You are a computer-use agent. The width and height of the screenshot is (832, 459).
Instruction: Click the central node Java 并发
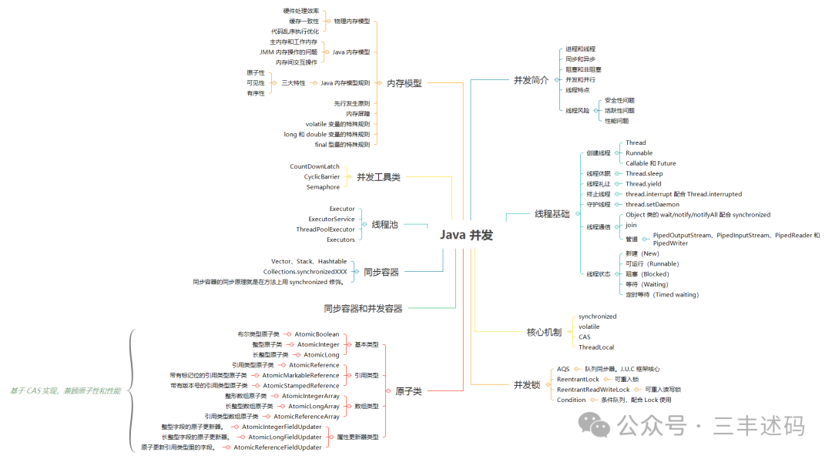point(467,235)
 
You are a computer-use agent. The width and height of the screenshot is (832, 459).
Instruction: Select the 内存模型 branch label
point(404,83)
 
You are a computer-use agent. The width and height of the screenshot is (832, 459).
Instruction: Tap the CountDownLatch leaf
point(314,166)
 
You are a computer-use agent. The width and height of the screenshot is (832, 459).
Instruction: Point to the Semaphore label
point(323,187)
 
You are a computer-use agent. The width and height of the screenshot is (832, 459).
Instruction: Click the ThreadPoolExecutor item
point(325,229)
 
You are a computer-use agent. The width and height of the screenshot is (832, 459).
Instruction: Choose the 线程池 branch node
point(384,224)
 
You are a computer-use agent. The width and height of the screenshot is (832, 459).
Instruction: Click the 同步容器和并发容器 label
point(363,308)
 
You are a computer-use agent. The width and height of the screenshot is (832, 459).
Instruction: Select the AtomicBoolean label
point(317,334)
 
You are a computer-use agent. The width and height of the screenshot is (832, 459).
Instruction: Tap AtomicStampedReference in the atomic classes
point(300,385)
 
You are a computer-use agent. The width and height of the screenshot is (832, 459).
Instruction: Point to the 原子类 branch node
point(408,391)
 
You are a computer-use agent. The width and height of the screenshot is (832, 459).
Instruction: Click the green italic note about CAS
point(65,391)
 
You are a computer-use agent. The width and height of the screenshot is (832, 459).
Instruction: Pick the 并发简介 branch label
point(531,80)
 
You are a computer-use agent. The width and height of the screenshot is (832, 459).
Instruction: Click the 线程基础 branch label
point(552,214)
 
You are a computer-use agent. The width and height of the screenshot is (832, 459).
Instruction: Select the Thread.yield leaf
point(644,184)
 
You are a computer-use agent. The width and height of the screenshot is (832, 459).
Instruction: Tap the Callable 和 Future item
point(650,163)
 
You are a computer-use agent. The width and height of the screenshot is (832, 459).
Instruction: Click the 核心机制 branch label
point(544,332)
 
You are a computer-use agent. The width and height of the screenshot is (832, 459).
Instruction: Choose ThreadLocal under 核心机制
point(596,347)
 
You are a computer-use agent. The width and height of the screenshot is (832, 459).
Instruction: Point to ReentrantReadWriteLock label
point(592,390)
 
